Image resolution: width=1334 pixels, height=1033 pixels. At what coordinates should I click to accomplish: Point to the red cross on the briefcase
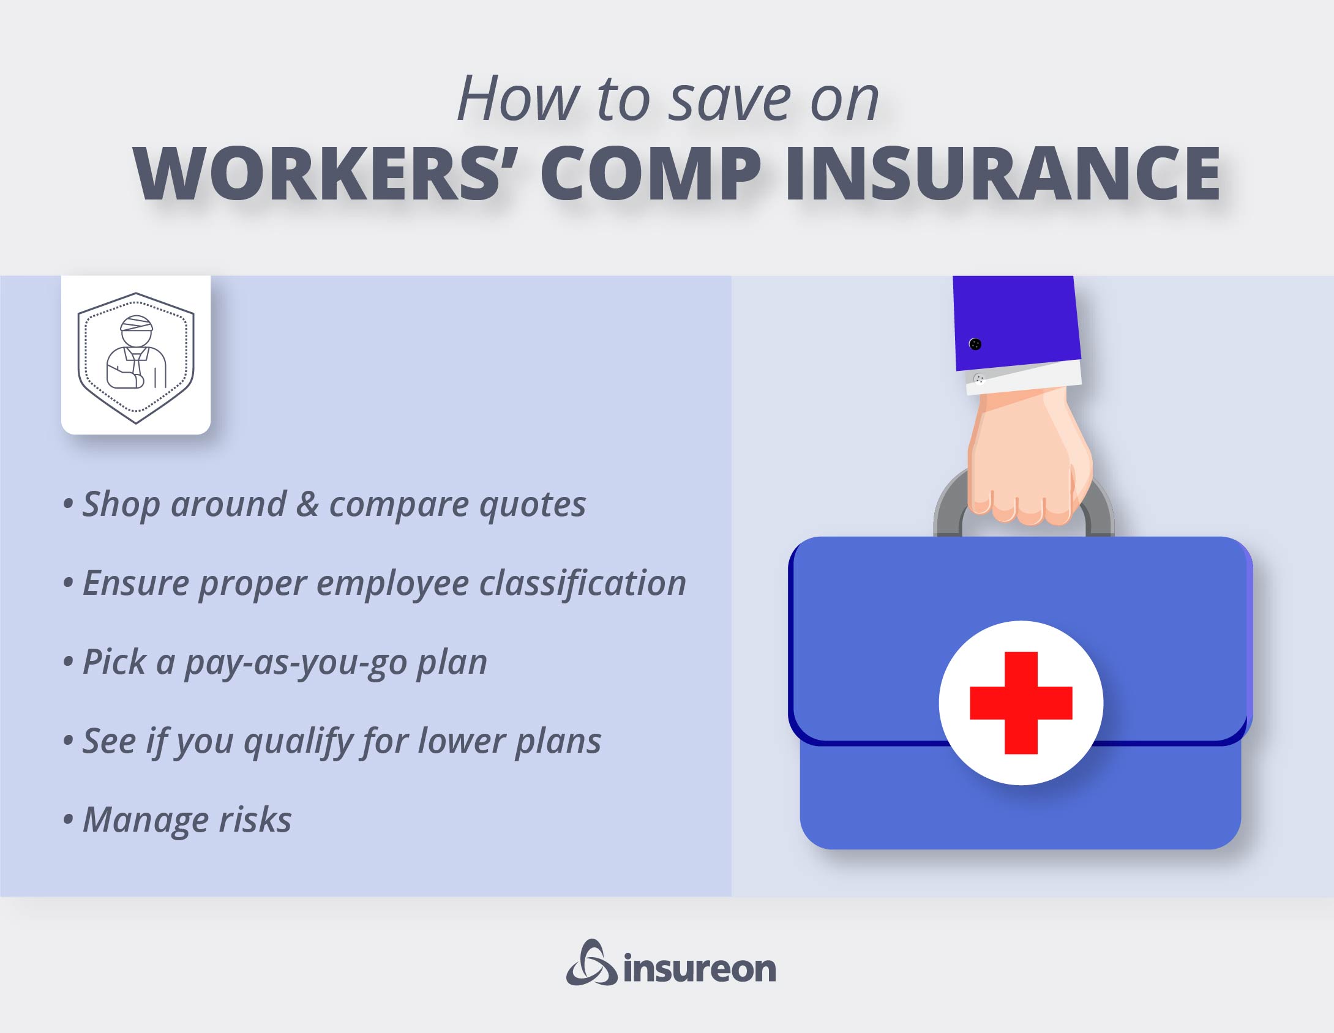click(1021, 703)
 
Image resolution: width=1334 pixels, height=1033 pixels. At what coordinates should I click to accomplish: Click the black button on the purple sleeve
click(975, 344)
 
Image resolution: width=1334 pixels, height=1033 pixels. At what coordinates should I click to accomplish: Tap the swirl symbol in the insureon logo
click(591, 964)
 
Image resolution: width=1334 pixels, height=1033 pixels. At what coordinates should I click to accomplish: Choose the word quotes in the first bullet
click(532, 505)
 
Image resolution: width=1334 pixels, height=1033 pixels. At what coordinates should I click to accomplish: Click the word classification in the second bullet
click(582, 583)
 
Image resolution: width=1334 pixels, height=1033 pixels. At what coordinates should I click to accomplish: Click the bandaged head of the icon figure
click(136, 330)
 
